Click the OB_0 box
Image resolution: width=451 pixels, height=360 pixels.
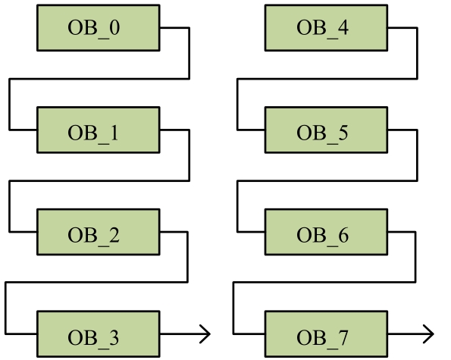[x=99, y=28]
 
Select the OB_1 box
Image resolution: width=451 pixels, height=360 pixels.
[x=99, y=130]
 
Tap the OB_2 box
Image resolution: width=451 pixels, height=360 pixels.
[x=99, y=232]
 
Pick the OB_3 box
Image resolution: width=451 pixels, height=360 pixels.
[x=99, y=334]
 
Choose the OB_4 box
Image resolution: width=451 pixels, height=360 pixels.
[x=326, y=28]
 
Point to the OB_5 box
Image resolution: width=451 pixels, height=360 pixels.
[x=326, y=130]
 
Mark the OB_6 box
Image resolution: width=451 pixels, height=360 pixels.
[x=326, y=232]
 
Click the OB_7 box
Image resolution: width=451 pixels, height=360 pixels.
[x=326, y=334]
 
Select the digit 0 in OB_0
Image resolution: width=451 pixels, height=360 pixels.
[x=114, y=27]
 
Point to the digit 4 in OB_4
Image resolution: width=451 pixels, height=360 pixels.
[x=343, y=27]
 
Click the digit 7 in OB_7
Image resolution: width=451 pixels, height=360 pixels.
[x=343, y=337]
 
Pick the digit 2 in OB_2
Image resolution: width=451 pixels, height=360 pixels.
[x=114, y=235]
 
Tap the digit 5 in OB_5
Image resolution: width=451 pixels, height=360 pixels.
[x=343, y=133]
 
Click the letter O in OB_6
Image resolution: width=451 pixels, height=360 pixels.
[x=304, y=235]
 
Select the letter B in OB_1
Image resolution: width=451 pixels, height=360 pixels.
[x=90, y=133]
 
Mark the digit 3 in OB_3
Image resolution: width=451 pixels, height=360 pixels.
[x=114, y=337]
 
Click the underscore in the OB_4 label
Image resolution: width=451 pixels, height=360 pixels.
[x=332, y=39]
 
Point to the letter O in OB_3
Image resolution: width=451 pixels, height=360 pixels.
[x=75, y=337]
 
